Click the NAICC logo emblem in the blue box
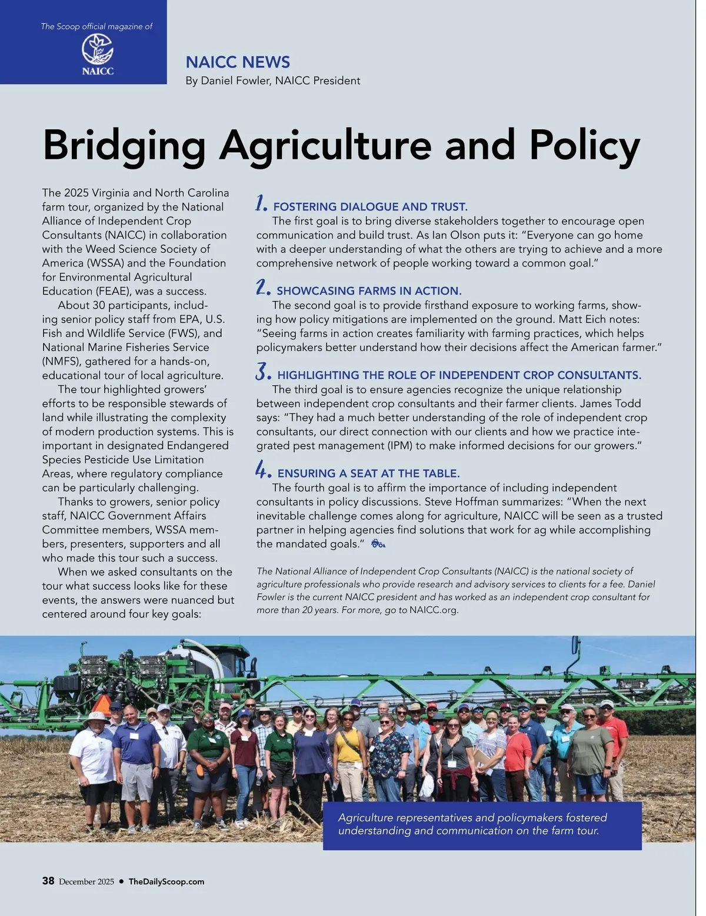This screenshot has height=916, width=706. coord(97,49)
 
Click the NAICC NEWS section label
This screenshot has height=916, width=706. coord(238,62)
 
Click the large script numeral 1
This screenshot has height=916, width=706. coord(260,204)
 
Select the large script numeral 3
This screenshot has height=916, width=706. coord(262,372)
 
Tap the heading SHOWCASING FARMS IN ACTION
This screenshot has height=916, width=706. coord(369,291)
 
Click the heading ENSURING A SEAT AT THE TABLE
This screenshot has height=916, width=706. coord(368,473)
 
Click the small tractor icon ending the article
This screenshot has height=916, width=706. coord(378,544)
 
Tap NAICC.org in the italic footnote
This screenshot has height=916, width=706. coord(433,610)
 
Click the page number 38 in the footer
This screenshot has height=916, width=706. coord(48,881)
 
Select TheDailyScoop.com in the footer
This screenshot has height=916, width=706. coord(166,881)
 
